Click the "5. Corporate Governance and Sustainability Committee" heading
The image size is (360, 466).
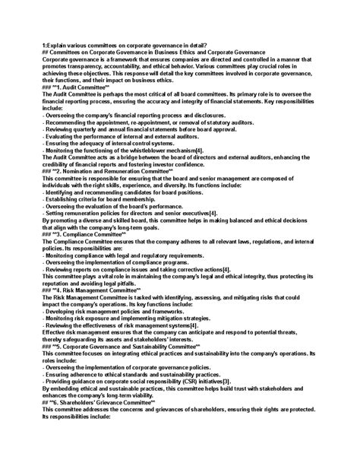click(x=122, y=345)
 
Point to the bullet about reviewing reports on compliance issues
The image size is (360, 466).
click(x=134, y=270)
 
